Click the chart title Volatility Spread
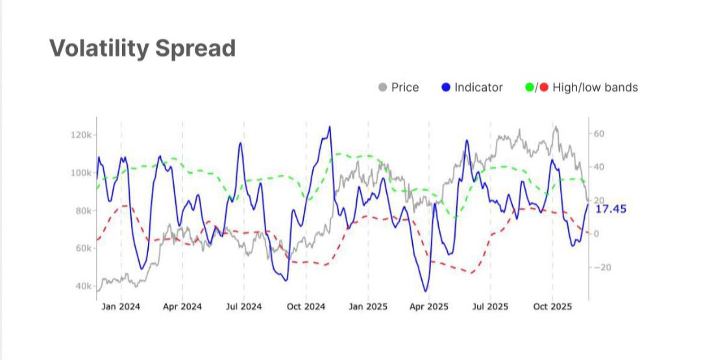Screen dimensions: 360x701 tap(142, 49)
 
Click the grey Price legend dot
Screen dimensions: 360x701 tap(383, 88)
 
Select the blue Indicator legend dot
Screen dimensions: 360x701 tap(445, 88)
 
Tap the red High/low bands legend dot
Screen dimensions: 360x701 tap(543, 88)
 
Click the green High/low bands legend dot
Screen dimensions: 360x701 tap(530, 88)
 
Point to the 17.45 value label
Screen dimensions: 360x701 tap(611, 209)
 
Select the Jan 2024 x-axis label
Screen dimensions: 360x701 tap(121, 307)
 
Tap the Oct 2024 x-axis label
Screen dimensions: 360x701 tap(306, 307)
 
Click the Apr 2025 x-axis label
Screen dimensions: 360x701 tap(429, 307)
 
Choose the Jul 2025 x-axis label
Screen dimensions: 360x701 tap(490, 307)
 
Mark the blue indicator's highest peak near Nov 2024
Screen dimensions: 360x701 tap(330, 126)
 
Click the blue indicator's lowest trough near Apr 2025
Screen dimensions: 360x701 tap(426, 291)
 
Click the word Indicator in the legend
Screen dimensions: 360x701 tap(478, 88)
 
